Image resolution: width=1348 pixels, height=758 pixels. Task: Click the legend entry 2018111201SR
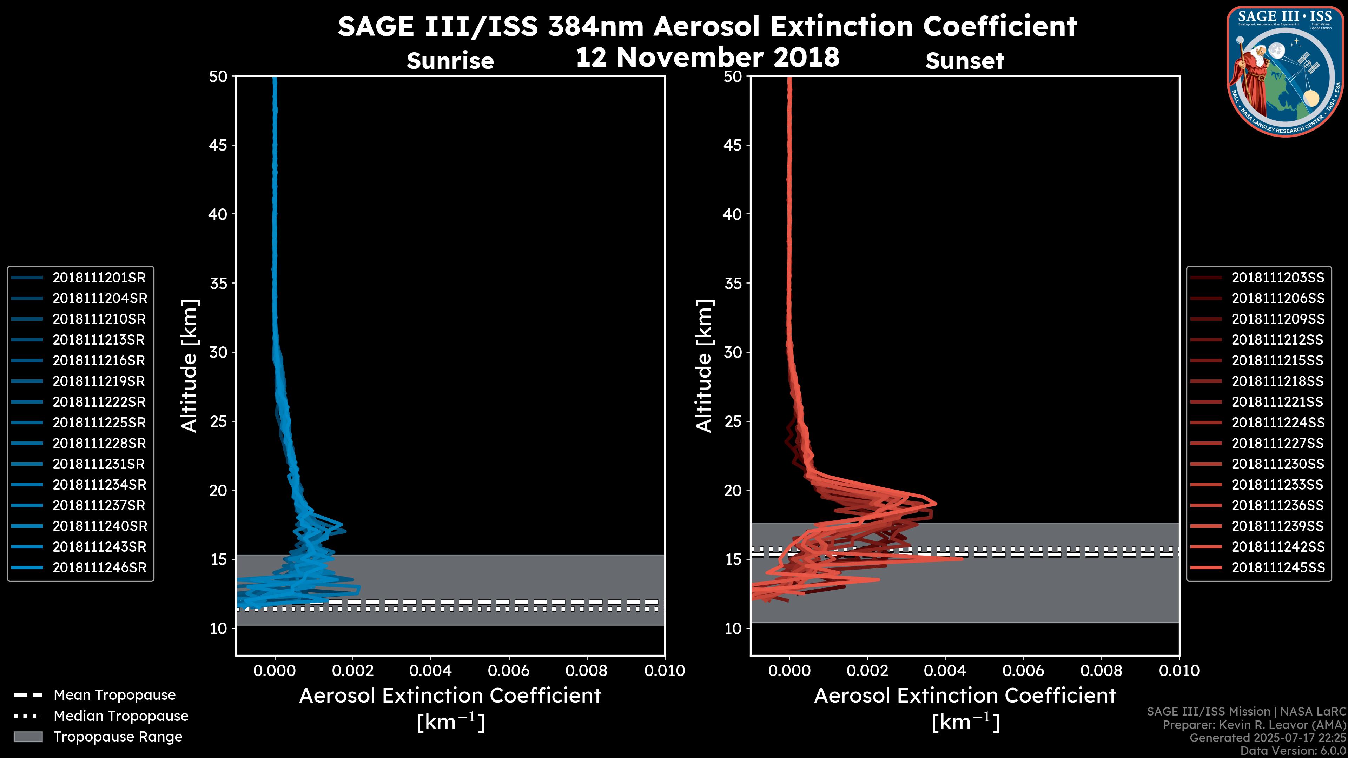point(99,278)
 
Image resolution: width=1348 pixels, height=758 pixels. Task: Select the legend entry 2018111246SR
point(99,567)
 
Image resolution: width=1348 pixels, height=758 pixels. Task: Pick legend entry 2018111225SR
point(99,423)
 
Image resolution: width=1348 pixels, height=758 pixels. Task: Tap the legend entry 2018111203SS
point(1277,278)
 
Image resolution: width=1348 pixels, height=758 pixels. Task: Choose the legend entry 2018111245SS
point(1278,567)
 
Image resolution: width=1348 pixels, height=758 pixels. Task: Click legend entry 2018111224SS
point(1278,423)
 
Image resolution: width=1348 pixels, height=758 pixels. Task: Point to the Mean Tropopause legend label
point(114,695)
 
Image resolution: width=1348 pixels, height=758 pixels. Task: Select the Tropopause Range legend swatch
point(28,737)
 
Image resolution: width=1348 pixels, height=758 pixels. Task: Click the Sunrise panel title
point(450,61)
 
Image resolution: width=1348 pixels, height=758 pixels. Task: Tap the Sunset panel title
point(964,61)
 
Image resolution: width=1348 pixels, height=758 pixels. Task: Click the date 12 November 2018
point(707,58)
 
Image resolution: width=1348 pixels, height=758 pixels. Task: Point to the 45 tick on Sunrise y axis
point(218,145)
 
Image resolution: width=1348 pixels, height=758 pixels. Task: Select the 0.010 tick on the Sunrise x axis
point(664,671)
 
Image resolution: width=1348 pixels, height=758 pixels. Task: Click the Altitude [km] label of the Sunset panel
point(704,366)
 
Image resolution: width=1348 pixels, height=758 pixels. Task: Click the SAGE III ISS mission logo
point(1285,72)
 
